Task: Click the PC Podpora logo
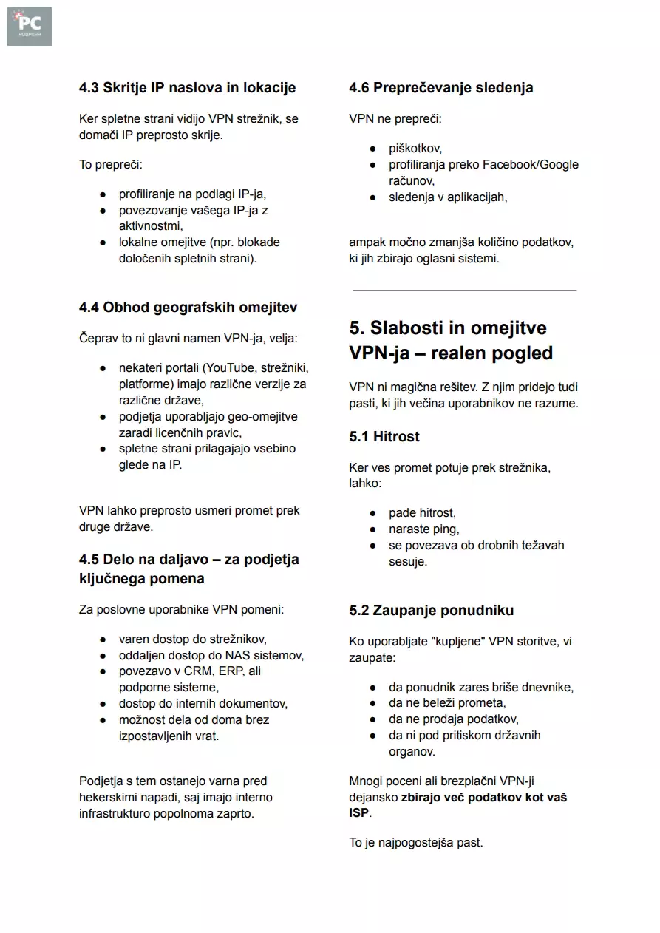point(30,27)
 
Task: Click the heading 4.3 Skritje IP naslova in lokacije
point(187,88)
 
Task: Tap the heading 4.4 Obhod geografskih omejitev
point(188,307)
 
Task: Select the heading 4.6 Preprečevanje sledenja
point(440,88)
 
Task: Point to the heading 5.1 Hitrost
point(384,436)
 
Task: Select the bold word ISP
point(358,813)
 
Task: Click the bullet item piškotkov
point(415,149)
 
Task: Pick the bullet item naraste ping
point(423,529)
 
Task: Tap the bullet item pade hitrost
point(422,512)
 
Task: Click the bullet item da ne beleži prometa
point(447,703)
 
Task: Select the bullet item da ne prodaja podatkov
point(453,719)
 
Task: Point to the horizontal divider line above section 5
point(464,291)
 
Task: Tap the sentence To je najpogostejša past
point(415,842)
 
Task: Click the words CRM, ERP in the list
point(212,671)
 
